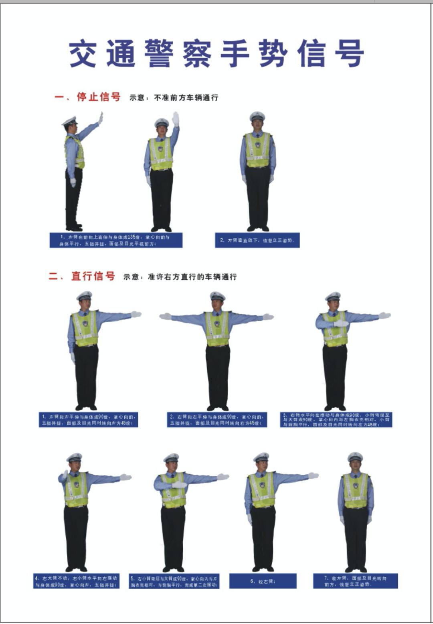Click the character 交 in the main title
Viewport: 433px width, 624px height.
tap(83, 54)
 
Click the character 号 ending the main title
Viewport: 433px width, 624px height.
tap(350, 54)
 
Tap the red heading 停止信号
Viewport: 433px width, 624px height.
tap(99, 97)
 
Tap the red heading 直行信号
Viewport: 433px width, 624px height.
tap(93, 276)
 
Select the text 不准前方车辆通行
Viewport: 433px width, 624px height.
tap(186, 98)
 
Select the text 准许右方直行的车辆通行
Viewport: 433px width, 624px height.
tap(192, 277)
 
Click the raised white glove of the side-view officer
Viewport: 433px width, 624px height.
tap(100, 118)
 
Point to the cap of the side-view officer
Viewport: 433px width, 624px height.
tap(70, 121)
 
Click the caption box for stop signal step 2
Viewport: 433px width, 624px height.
tap(257, 240)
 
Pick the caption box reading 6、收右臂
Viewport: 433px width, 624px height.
tap(263, 581)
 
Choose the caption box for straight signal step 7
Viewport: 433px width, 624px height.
tap(355, 581)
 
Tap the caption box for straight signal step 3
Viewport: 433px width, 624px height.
tap(336, 419)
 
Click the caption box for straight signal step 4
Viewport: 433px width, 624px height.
tap(76, 581)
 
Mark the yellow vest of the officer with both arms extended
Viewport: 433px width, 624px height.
tap(217, 329)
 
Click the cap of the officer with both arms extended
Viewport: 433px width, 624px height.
tap(217, 296)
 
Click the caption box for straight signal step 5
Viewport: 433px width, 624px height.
tap(174, 581)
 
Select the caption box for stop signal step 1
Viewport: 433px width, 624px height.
tap(116, 240)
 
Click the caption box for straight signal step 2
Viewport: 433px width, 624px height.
tap(217, 419)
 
